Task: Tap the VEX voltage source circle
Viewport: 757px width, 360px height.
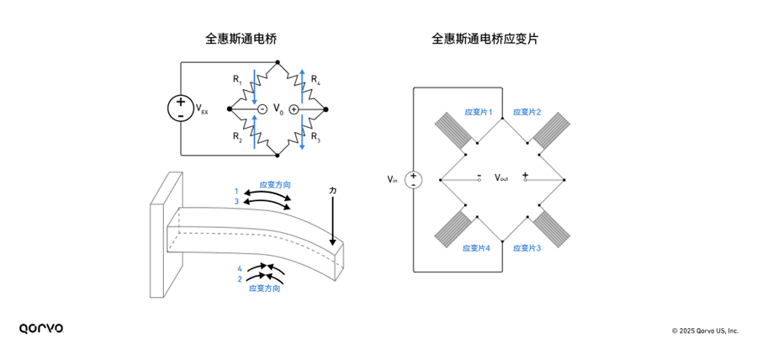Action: tap(181, 109)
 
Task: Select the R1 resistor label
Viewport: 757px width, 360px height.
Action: tap(238, 80)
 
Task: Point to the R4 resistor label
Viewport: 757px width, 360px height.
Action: tap(315, 80)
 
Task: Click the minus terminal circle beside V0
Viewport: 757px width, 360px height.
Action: tap(262, 109)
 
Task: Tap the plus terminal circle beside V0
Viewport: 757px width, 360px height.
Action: tap(294, 109)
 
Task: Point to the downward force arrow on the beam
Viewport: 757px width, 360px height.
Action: tap(335, 223)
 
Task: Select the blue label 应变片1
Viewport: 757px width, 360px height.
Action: tap(479, 112)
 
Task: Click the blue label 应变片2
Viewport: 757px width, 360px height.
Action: tap(527, 112)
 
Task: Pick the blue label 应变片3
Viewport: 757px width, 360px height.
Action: tap(527, 248)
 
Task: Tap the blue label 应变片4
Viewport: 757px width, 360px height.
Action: tap(477, 248)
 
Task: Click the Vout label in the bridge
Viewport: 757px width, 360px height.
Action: tap(501, 178)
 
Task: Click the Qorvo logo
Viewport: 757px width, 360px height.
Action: tap(41, 328)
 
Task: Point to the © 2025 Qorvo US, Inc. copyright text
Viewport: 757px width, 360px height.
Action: tap(704, 331)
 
